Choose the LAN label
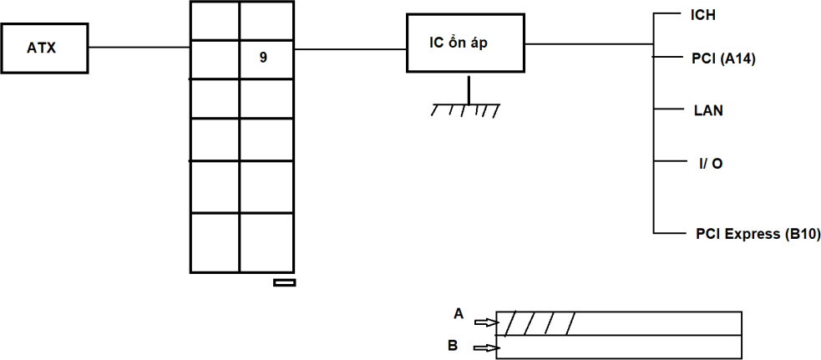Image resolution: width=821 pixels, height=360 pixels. tap(708, 109)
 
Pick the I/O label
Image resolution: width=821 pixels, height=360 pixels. tap(711, 163)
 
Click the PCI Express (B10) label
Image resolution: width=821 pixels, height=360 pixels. tap(758, 235)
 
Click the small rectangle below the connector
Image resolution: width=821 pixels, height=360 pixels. tap(284, 282)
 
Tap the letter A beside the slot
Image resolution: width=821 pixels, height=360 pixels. tap(458, 313)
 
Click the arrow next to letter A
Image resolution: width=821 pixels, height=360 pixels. tap(485, 322)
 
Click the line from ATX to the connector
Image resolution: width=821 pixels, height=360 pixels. tap(139, 48)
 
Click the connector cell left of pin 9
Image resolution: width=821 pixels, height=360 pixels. tap(215, 58)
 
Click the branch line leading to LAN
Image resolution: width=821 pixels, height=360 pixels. tap(668, 109)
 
